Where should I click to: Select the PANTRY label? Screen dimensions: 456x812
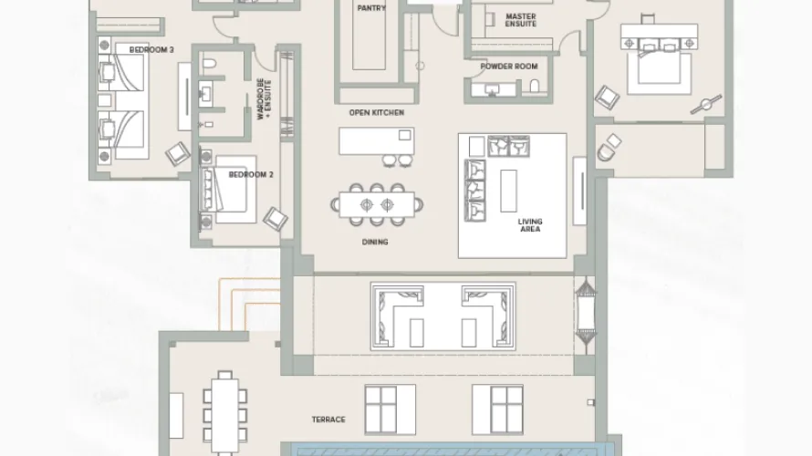(x=371, y=8)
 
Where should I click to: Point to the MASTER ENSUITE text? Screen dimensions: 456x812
(x=521, y=19)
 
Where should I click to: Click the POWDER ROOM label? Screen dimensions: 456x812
(x=509, y=67)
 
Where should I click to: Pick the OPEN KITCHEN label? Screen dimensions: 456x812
(x=376, y=112)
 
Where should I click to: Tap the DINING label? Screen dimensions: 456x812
(x=374, y=242)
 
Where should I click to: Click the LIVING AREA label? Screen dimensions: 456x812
(x=530, y=225)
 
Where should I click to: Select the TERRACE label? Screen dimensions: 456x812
(x=328, y=419)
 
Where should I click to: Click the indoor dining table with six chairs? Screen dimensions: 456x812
(x=376, y=202)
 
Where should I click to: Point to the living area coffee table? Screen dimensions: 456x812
(x=507, y=190)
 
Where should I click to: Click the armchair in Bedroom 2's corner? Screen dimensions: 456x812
(x=275, y=218)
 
